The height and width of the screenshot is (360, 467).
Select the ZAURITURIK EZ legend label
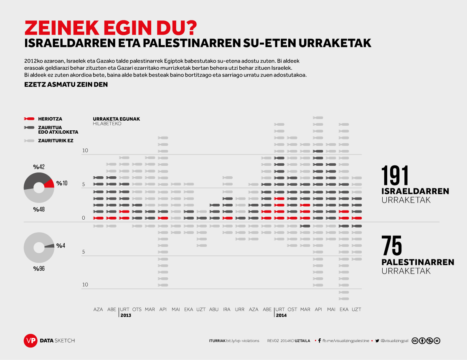pos(56,141)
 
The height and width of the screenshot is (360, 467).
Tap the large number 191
pos(395,175)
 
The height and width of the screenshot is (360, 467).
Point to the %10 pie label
pos(62,183)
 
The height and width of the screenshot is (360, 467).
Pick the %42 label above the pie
pos(39,167)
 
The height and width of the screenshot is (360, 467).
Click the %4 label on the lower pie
pos(61,246)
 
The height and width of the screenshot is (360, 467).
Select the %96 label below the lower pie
pos(39,269)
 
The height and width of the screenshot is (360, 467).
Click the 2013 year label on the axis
pos(126,315)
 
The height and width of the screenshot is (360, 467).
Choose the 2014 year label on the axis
pos(281,315)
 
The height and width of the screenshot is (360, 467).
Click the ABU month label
pos(214,309)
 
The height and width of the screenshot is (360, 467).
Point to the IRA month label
pos(227,309)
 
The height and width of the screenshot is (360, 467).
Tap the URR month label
pos(240,309)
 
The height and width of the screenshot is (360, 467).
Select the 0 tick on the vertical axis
pos(84,218)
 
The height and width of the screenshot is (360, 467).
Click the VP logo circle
pos(30,340)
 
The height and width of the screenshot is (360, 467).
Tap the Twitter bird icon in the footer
pos(377,341)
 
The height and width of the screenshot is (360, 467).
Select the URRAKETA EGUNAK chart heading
pos(116,119)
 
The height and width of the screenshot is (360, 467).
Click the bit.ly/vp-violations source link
pos(243,341)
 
